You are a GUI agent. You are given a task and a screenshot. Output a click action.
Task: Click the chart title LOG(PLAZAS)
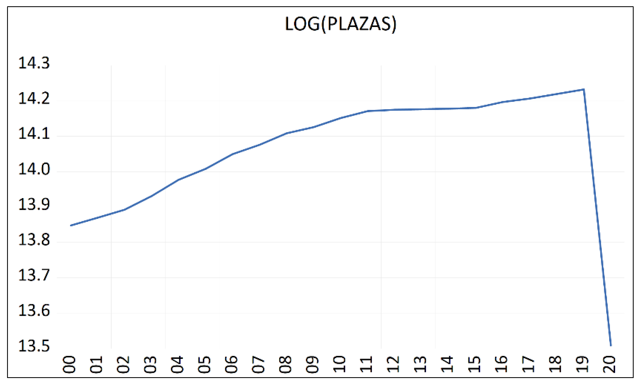(341, 24)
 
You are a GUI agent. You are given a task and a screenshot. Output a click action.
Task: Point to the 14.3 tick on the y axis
(34, 63)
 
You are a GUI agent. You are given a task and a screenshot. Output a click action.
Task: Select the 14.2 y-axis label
(34, 98)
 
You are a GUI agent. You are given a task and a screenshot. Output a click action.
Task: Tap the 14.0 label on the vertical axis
(34, 169)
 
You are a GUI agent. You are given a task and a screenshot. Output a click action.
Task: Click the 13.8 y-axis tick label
(34, 240)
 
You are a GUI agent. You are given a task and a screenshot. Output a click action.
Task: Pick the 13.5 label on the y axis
(34, 346)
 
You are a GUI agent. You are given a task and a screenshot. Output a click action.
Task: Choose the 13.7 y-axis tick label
(34, 275)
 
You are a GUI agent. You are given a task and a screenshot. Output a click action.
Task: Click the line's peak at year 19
(584, 89)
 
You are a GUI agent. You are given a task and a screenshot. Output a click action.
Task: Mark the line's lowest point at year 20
(611, 346)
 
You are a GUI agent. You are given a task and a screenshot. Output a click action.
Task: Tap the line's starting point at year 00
(71, 225)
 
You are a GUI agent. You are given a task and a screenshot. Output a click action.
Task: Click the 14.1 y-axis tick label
(34, 134)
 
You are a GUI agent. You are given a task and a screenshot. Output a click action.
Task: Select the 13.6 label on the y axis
(34, 311)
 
